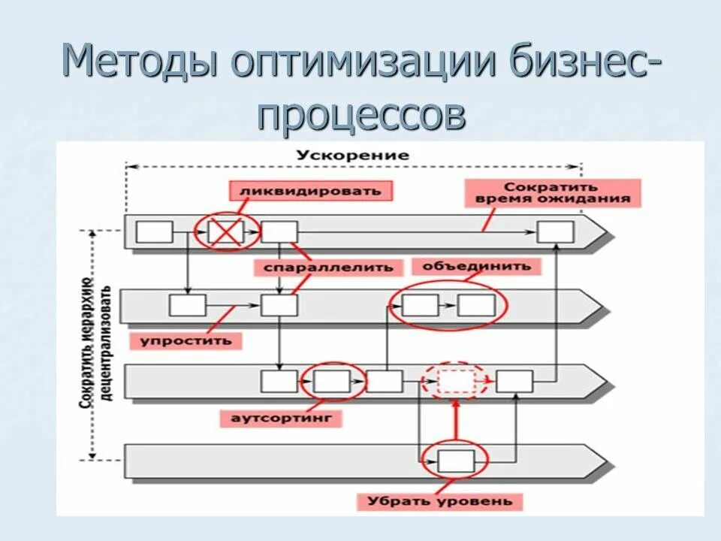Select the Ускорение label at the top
tap(352, 156)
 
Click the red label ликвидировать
tap(311, 190)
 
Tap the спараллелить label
tap(328, 267)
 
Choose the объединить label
tap(476, 266)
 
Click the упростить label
tap(186, 341)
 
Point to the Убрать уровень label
tap(440, 500)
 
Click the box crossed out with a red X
tap(226, 231)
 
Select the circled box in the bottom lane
tap(456, 461)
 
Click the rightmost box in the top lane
tap(556, 231)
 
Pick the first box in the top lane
tap(155, 231)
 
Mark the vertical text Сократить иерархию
tap(86, 342)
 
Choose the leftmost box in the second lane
tap(187, 305)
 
